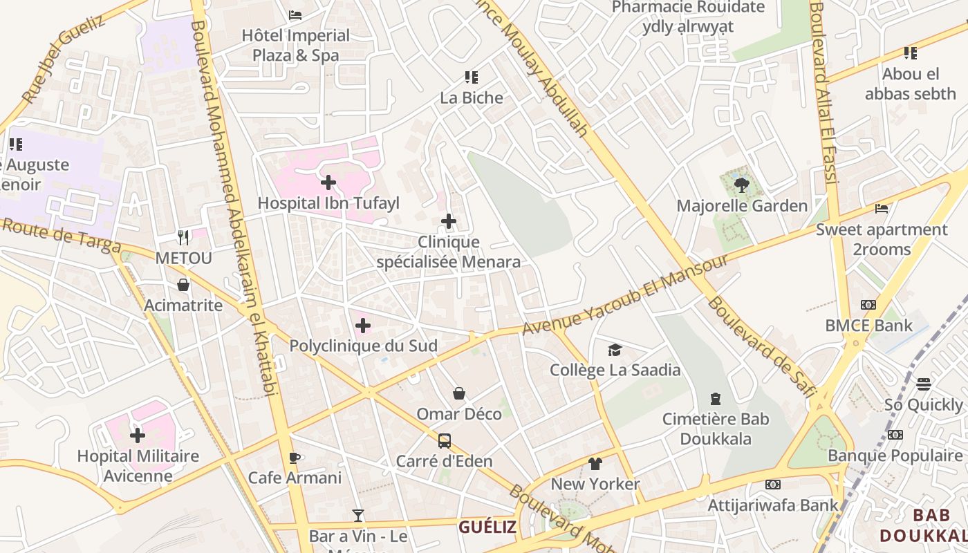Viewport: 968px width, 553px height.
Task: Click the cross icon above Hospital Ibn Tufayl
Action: pyautogui.click(x=328, y=183)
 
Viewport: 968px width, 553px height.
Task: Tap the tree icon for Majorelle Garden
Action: pyautogui.click(x=742, y=185)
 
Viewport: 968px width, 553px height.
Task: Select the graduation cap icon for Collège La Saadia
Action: pyautogui.click(x=615, y=350)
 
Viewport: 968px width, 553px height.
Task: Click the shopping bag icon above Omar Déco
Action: pyautogui.click(x=459, y=394)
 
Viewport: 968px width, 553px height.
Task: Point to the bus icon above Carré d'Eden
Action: pyautogui.click(x=445, y=441)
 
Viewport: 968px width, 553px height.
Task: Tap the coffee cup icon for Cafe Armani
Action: pyautogui.click(x=295, y=458)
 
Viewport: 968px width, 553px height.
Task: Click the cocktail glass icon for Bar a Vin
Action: pyautogui.click(x=357, y=516)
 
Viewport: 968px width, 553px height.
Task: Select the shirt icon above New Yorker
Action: pyautogui.click(x=595, y=464)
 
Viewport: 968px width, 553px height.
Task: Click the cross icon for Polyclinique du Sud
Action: pyautogui.click(x=363, y=326)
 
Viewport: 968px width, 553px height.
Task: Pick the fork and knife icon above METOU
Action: pyautogui.click(x=183, y=238)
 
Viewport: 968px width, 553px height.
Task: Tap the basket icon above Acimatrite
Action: pyautogui.click(x=183, y=285)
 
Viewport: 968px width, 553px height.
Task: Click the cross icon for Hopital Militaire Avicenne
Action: pyautogui.click(x=138, y=435)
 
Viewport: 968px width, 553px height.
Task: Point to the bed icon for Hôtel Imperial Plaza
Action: pyautogui.click(x=295, y=15)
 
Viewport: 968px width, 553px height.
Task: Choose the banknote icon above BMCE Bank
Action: pyautogui.click(x=868, y=305)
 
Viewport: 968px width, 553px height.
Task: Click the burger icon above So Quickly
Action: pyautogui.click(x=924, y=384)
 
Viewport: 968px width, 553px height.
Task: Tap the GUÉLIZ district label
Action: pyautogui.click(x=487, y=527)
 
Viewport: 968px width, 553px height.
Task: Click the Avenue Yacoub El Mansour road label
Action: pyautogui.click(x=625, y=294)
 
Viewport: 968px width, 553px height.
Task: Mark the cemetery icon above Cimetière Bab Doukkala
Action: pyautogui.click(x=716, y=399)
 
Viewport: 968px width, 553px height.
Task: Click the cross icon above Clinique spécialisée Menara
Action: pyautogui.click(x=449, y=221)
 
